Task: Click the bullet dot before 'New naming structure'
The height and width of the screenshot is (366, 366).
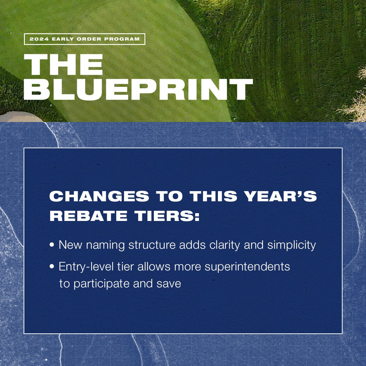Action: (52, 245)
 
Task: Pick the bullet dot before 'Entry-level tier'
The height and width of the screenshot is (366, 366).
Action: (52, 267)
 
